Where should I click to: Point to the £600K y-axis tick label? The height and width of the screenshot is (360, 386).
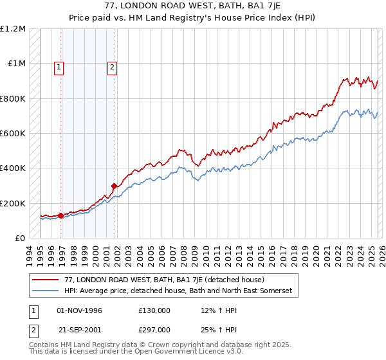pos(13,134)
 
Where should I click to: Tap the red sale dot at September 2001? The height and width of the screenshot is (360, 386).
pos(114,186)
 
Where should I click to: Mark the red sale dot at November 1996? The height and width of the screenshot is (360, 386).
pos(61,215)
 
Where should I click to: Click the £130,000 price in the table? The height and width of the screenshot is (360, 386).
pos(154,310)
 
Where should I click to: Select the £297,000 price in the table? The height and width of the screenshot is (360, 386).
pos(154,330)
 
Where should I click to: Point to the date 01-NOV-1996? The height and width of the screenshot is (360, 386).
pos(79,310)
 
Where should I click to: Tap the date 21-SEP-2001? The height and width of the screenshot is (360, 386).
pos(79,330)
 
